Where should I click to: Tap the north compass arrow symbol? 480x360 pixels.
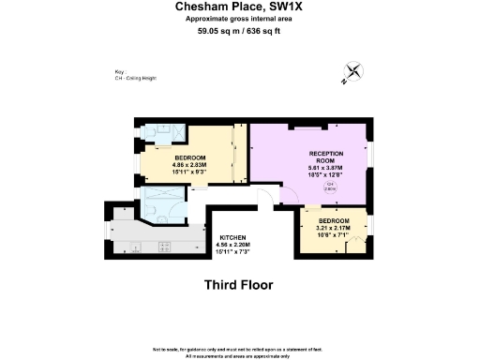(354, 72)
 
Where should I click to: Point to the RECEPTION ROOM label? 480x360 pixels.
(326, 157)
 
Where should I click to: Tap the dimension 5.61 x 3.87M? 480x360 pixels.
(326, 168)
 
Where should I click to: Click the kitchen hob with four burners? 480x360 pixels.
(166, 247)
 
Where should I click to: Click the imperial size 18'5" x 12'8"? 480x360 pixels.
(326, 175)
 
